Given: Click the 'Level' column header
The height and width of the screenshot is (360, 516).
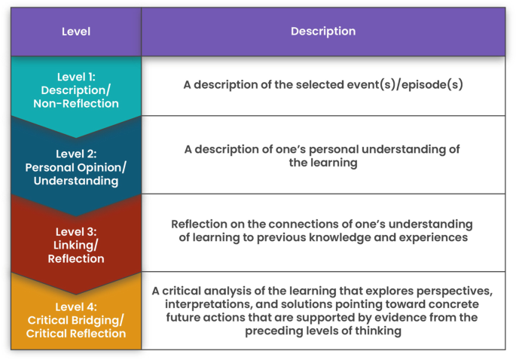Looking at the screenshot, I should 75,32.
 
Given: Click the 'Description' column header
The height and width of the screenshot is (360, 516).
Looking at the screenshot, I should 323,32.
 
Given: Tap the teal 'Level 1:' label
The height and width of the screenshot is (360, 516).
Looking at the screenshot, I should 75,76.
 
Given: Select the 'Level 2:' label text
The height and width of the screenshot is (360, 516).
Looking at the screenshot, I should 75,154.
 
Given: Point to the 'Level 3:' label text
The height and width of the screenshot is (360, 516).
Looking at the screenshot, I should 75,231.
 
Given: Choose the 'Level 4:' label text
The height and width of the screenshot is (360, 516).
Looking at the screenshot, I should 75,306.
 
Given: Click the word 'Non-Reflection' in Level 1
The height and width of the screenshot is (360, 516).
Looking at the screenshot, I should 75,103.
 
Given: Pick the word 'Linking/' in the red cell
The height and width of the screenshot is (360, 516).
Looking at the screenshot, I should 75,245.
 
